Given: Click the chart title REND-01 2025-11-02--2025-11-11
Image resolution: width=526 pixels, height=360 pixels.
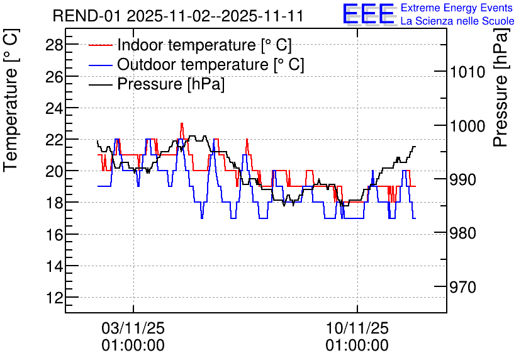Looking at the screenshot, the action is click(178, 16).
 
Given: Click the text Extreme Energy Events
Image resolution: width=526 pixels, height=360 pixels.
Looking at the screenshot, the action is click(457, 8).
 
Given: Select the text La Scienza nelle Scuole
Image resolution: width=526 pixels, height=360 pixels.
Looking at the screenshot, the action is click(457, 21).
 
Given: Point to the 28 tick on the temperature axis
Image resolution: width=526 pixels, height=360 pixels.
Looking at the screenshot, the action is click(54, 45).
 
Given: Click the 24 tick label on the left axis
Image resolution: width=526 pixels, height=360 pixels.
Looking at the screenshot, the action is click(54, 108).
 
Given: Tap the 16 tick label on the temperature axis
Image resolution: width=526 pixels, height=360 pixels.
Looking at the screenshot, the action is click(54, 235).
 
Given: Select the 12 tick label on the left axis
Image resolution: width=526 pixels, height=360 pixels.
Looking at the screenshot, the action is click(54, 298).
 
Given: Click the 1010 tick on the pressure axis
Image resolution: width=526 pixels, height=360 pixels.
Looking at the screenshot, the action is click(467, 72).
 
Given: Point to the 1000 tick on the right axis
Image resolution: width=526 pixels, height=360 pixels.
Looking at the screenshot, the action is click(467, 126).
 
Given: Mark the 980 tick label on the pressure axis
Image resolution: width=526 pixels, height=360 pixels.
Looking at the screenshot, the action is click(463, 233).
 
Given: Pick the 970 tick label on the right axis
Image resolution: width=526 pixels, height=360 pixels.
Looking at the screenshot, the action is click(463, 287).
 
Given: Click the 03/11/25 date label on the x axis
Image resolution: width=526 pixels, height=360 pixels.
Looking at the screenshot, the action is click(133, 328).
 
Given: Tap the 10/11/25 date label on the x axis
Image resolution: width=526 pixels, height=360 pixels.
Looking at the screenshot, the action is click(357, 328).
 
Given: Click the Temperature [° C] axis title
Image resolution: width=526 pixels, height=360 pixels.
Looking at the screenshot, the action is click(11, 100).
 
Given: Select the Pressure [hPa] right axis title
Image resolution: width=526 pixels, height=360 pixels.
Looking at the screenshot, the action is click(501, 87).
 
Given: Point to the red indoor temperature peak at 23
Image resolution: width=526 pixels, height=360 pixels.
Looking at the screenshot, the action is click(182, 124).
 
